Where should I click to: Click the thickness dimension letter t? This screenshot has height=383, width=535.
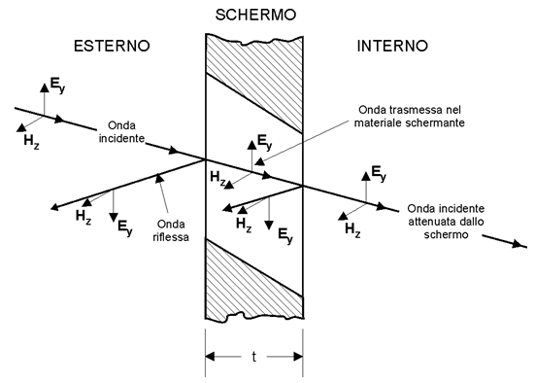253,356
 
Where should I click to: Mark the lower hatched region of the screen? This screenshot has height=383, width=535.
253,282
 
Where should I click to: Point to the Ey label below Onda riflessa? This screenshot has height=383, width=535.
124,227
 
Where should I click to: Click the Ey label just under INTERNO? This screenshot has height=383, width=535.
378,175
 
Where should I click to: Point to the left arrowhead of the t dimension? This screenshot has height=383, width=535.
212,356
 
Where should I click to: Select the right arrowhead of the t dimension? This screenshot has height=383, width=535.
297,356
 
